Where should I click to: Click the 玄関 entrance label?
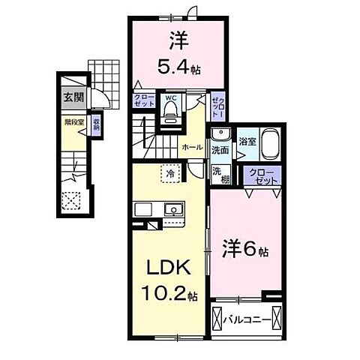(73, 97)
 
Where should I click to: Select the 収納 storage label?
(96, 124)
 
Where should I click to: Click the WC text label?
(169, 97)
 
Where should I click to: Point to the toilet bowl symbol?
(169, 112)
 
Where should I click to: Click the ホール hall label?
(192, 147)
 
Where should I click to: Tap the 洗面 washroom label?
(220, 150)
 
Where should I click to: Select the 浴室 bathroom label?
(247, 140)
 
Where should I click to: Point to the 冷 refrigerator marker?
(170, 172)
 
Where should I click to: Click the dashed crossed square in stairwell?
(73, 199)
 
